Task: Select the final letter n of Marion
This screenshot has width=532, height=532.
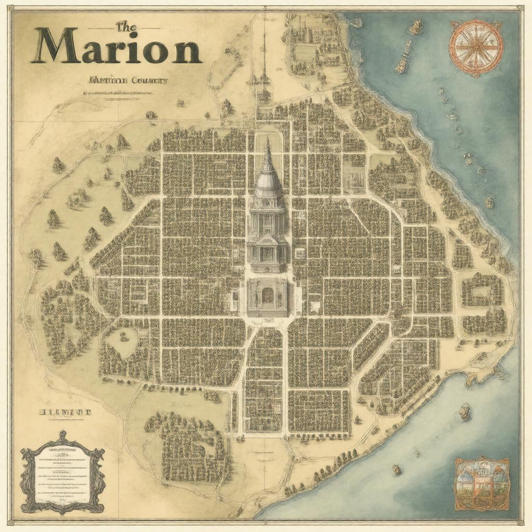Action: tap(185, 50)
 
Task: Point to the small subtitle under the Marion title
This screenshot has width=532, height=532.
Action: tap(128, 81)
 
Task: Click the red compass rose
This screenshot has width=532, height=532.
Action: tap(476, 47)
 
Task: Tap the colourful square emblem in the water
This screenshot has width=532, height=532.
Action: tap(482, 484)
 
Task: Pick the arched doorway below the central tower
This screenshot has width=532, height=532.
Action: tap(268, 296)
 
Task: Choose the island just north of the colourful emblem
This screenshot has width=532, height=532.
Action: tap(464, 412)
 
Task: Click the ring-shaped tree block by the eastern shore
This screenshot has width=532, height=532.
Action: tap(482, 289)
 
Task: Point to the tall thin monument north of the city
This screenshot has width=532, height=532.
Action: tap(264, 57)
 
